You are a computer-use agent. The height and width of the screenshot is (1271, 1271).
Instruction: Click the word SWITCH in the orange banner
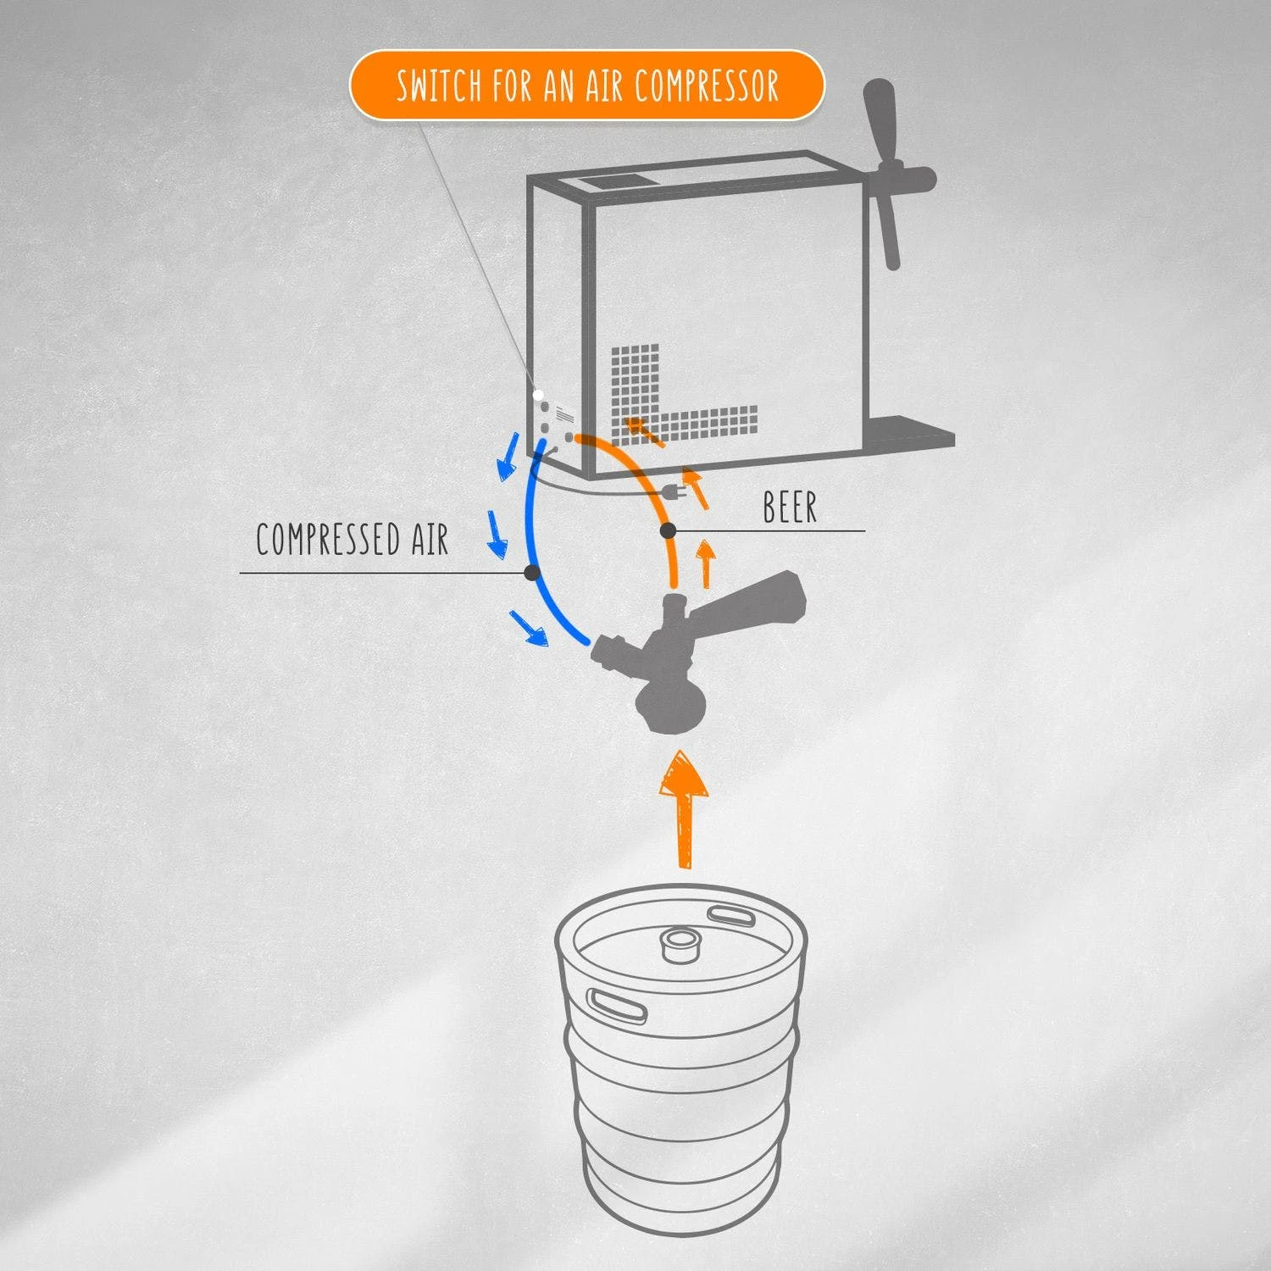440,86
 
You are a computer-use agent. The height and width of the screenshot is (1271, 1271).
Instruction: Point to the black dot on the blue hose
532,573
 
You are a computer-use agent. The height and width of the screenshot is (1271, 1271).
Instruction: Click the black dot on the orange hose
668,531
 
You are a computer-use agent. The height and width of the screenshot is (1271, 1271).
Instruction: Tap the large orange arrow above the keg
683,808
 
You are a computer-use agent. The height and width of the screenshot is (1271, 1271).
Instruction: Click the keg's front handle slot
618,1004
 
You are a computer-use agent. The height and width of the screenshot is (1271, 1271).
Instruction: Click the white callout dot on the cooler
538,395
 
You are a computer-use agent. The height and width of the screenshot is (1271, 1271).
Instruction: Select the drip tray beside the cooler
911,432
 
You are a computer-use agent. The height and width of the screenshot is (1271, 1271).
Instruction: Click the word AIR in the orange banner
587,86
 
